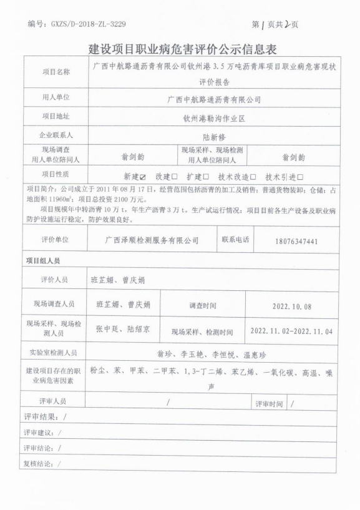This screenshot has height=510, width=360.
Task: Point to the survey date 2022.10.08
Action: coord(293,306)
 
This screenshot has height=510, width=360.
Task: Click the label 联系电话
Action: coord(236,240)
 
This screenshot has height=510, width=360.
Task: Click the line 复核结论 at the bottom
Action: coord(44,463)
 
